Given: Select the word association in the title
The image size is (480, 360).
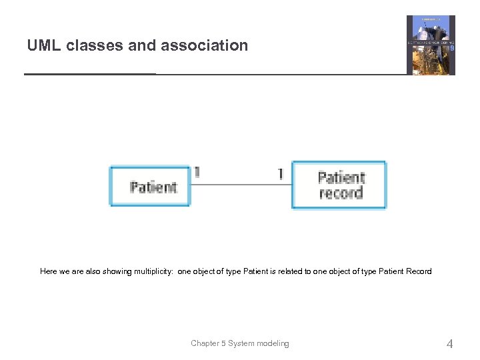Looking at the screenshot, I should [206, 45].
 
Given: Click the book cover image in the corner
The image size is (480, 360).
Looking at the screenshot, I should [431, 45].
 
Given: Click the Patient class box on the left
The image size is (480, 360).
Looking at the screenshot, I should [150, 186].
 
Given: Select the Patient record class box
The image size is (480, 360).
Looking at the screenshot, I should [339, 185].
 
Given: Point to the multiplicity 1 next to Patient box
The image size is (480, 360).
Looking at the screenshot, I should [197, 173].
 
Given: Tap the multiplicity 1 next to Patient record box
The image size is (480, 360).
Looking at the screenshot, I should [281, 173].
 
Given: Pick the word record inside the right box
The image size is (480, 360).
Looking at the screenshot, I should [341, 193].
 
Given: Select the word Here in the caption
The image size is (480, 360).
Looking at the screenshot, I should [49, 271].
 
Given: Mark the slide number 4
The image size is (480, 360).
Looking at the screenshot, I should [449, 344].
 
